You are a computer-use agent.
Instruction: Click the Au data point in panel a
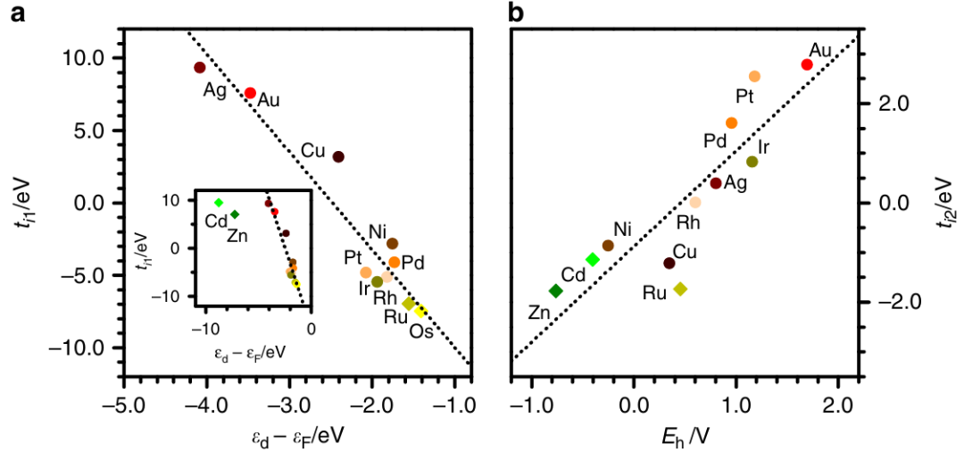click(x=251, y=93)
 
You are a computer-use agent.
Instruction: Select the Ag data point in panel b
click(x=716, y=183)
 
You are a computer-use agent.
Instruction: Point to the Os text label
click(x=422, y=331)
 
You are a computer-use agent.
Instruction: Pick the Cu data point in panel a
click(x=338, y=156)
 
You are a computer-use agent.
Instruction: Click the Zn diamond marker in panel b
click(x=555, y=291)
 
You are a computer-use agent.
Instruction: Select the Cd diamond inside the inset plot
click(x=219, y=203)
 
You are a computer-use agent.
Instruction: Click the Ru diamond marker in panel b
click(x=681, y=289)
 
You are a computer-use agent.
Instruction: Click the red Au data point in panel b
click(x=807, y=64)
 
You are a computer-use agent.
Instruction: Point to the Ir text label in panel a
click(x=364, y=288)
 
